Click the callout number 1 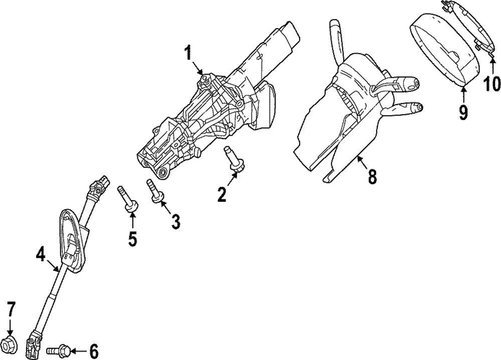coord(188,53)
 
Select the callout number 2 coord(222,194)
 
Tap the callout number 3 coord(175,221)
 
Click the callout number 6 coord(94,351)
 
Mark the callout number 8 coord(372,176)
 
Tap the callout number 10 coord(491,83)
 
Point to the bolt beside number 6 coord(59,350)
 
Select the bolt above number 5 coord(127,198)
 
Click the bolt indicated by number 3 coord(154,191)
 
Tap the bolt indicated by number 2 coord(234,161)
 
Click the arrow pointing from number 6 coord(78,351)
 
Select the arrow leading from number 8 coord(363,161)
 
